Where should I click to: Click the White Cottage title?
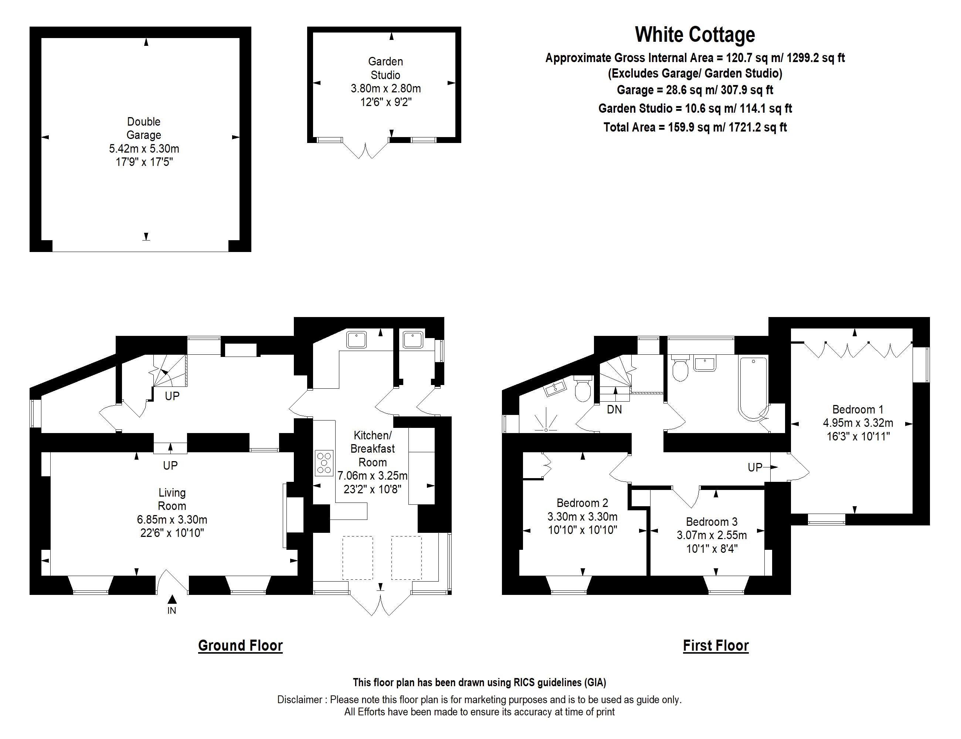pos(695,35)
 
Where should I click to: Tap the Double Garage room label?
pos(143,128)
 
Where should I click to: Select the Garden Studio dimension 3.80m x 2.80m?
pos(386,88)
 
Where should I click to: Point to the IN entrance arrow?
pos(172,600)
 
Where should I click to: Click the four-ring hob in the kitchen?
pos(324,463)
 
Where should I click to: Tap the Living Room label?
pos(172,499)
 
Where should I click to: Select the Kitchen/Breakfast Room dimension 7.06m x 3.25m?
pos(372,476)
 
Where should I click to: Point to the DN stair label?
pos(614,409)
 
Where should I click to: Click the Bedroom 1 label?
pos(858,409)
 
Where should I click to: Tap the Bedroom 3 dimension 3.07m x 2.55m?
pos(712,535)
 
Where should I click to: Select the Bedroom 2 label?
pos(582,503)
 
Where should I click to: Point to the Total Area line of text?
pos(695,127)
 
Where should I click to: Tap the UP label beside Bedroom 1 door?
pos(755,467)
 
